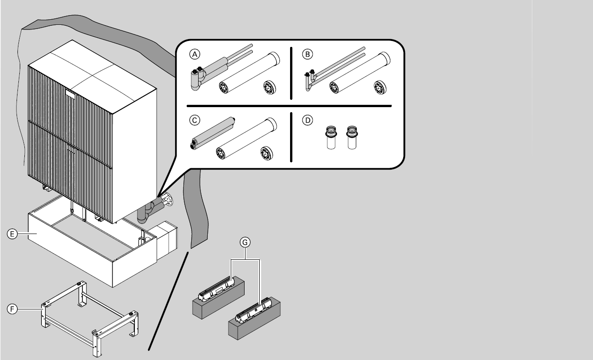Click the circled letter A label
(x=195, y=54)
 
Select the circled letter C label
(x=195, y=120)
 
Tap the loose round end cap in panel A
(x=269, y=87)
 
